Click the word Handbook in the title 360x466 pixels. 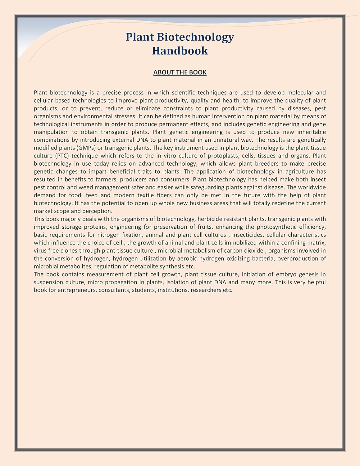coord(180,51)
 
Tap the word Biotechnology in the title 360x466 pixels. coord(195,37)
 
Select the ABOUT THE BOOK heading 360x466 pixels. coord(180,72)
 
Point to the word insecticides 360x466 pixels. coord(247,235)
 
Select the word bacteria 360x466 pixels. coord(263,258)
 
